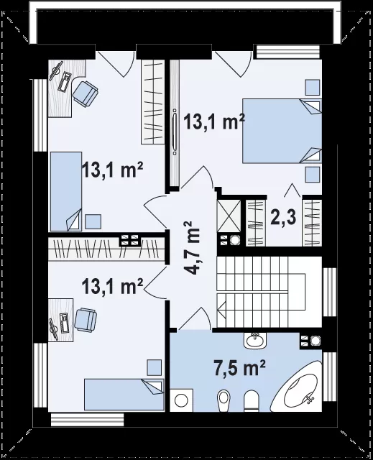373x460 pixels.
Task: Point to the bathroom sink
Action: tap(254, 341)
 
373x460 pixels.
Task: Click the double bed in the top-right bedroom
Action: tap(282, 131)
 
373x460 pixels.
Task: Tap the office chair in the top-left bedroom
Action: tap(85, 93)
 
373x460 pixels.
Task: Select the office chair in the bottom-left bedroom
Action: tap(86, 320)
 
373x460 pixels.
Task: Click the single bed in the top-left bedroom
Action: tap(66, 192)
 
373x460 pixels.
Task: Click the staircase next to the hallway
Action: tap(261, 293)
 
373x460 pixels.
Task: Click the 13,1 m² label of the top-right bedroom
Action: tap(214, 121)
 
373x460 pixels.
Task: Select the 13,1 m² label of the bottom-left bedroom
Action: tap(113, 286)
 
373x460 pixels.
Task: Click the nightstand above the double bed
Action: tap(313, 87)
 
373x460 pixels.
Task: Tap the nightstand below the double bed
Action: tap(313, 175)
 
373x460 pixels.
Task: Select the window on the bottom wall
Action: tap(88, 419)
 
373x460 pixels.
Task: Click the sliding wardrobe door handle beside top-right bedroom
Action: tap(175, 132)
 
